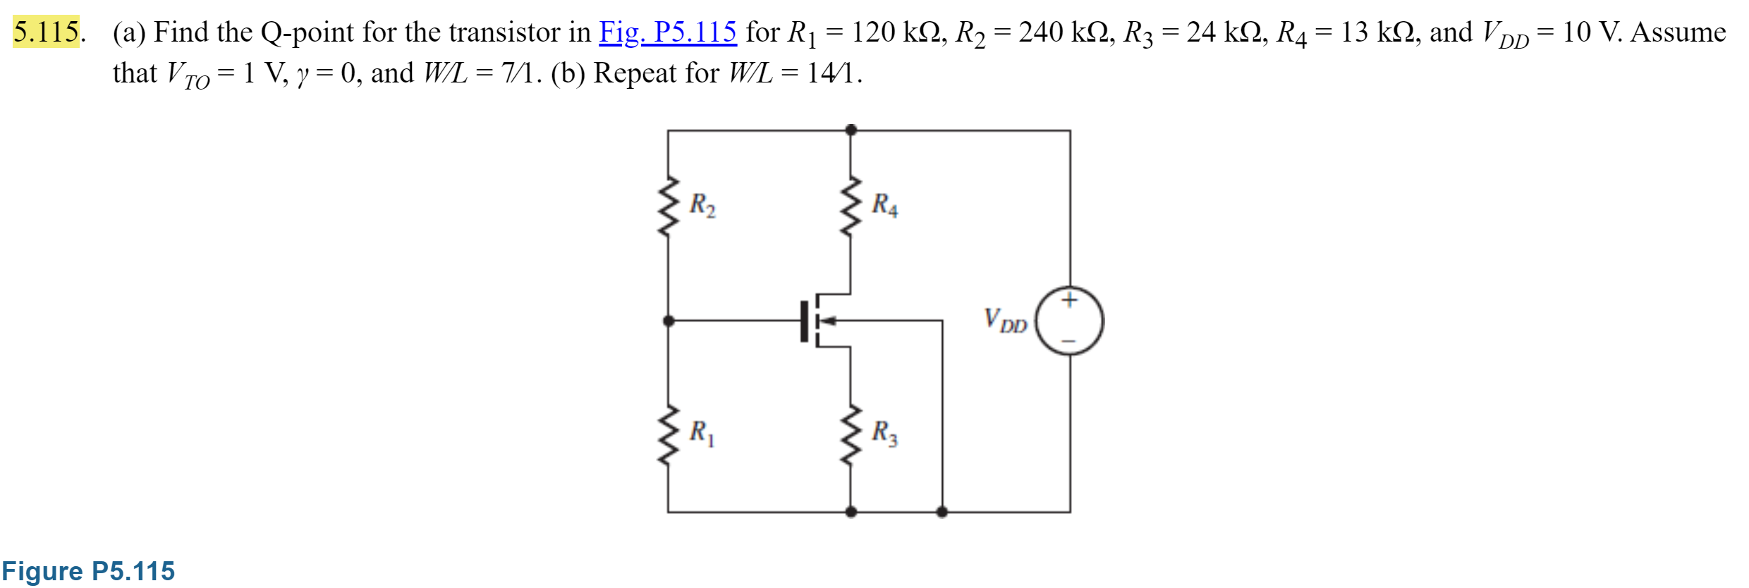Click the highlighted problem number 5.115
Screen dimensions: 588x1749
[47, 32]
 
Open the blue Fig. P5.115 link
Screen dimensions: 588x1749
[667, 32]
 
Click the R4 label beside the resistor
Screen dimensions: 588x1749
[884, 205]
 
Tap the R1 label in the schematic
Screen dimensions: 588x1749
[702, 432]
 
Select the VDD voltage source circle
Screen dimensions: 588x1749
[1069, 321]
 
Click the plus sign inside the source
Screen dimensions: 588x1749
[1069, 300]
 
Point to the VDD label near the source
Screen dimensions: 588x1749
[1005, 321]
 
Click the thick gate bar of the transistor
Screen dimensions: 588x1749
[804, 321]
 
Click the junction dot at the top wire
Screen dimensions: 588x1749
[851, 130]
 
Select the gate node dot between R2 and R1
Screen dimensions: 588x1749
[669, 321]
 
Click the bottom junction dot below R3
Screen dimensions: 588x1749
[851, 512]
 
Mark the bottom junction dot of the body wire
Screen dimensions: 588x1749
[941, 512]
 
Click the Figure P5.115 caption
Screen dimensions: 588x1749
[88, 571]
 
